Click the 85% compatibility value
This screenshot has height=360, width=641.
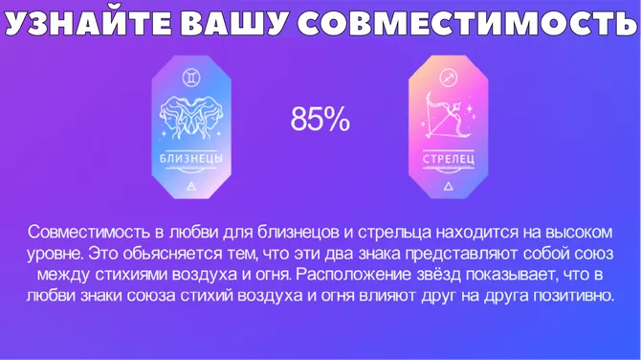(320, 120)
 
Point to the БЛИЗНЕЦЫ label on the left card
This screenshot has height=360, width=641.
(190, 158)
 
